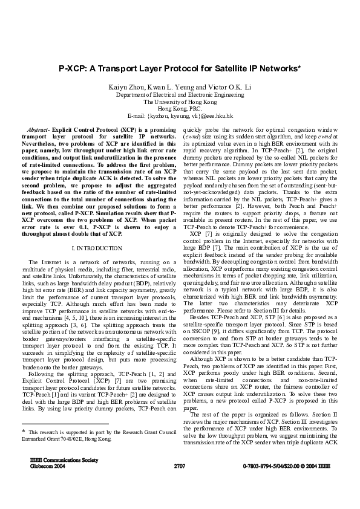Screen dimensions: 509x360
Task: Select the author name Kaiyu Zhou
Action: (125, 87)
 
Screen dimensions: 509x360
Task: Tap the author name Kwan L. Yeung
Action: (172, 87)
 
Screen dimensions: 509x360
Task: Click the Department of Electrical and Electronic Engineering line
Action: (180, 95)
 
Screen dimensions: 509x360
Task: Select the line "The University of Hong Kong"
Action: (180, 102)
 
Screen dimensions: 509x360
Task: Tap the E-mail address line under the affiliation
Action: (180, 115)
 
